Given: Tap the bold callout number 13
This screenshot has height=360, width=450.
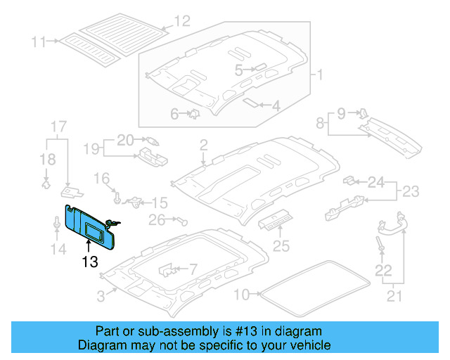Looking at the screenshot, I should (x=89, y=261).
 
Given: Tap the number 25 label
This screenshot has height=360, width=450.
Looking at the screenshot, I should (x=281, y=246).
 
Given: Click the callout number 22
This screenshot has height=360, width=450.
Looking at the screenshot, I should (x=382, y=269).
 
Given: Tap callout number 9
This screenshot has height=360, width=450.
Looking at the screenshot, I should (x=341, y=112).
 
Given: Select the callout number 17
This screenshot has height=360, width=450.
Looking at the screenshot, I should (x=58, y=127).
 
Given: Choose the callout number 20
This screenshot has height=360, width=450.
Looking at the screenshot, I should (x=124, y=139).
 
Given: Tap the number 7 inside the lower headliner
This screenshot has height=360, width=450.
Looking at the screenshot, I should (x=193, y=269).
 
